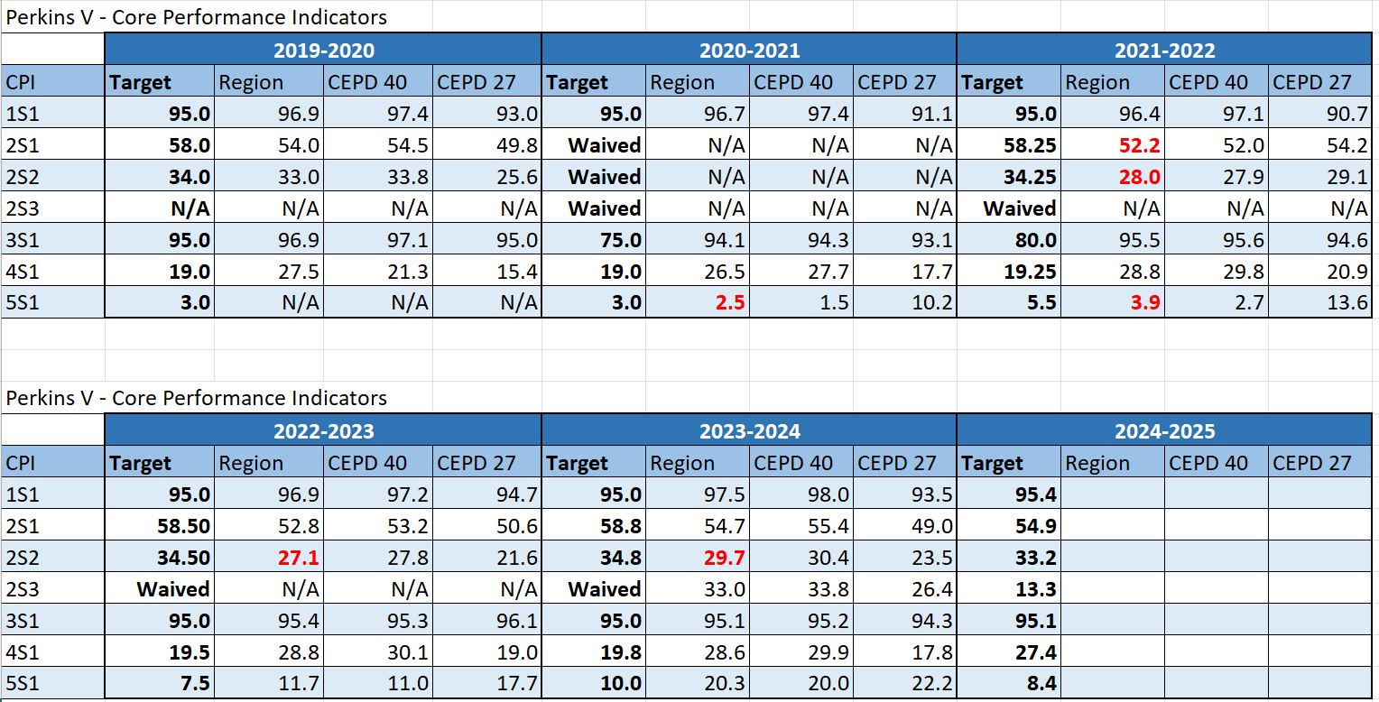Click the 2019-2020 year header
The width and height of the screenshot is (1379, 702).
(x=323, y=51)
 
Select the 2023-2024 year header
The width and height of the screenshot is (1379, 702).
(x=749, y=431)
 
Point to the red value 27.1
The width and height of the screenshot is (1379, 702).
(x=297, y=558)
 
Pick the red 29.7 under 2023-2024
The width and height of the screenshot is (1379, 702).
(x=723, y=558)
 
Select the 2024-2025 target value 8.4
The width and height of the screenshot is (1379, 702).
(x=1041, y=684)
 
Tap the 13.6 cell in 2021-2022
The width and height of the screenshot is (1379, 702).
(x=1348, y=302)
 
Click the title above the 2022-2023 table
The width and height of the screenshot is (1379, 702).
(x=197, y=398)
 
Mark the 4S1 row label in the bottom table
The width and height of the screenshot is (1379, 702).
(x=23, y=652)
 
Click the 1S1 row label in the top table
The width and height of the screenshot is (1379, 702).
(x=23, y=115)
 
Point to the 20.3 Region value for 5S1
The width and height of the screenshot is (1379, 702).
(x=723, y=684)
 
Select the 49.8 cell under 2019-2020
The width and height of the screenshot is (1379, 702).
(x=517, y=146)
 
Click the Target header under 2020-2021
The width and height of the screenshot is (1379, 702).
(x=578, y=83)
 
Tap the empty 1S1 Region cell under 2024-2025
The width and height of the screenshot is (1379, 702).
(x=1112, y=494)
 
